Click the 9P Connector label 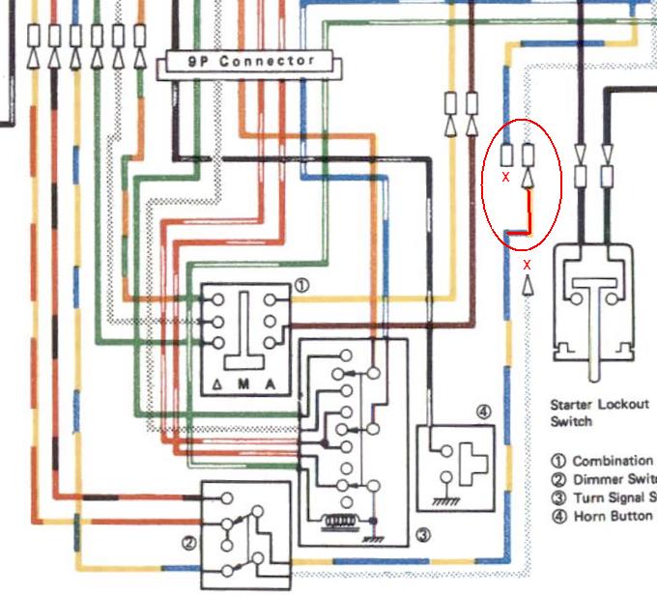(252, 63)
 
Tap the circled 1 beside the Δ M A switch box (301, 286)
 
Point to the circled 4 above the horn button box (484, 411)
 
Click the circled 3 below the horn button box (421, 534)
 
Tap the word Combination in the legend (613, 462)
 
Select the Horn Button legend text (613, 517)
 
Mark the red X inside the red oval (505, 177)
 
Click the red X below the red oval (528, 264)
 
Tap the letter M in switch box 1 (245, 385)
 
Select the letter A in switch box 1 (271, 385)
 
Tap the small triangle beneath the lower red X (528, 285)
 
